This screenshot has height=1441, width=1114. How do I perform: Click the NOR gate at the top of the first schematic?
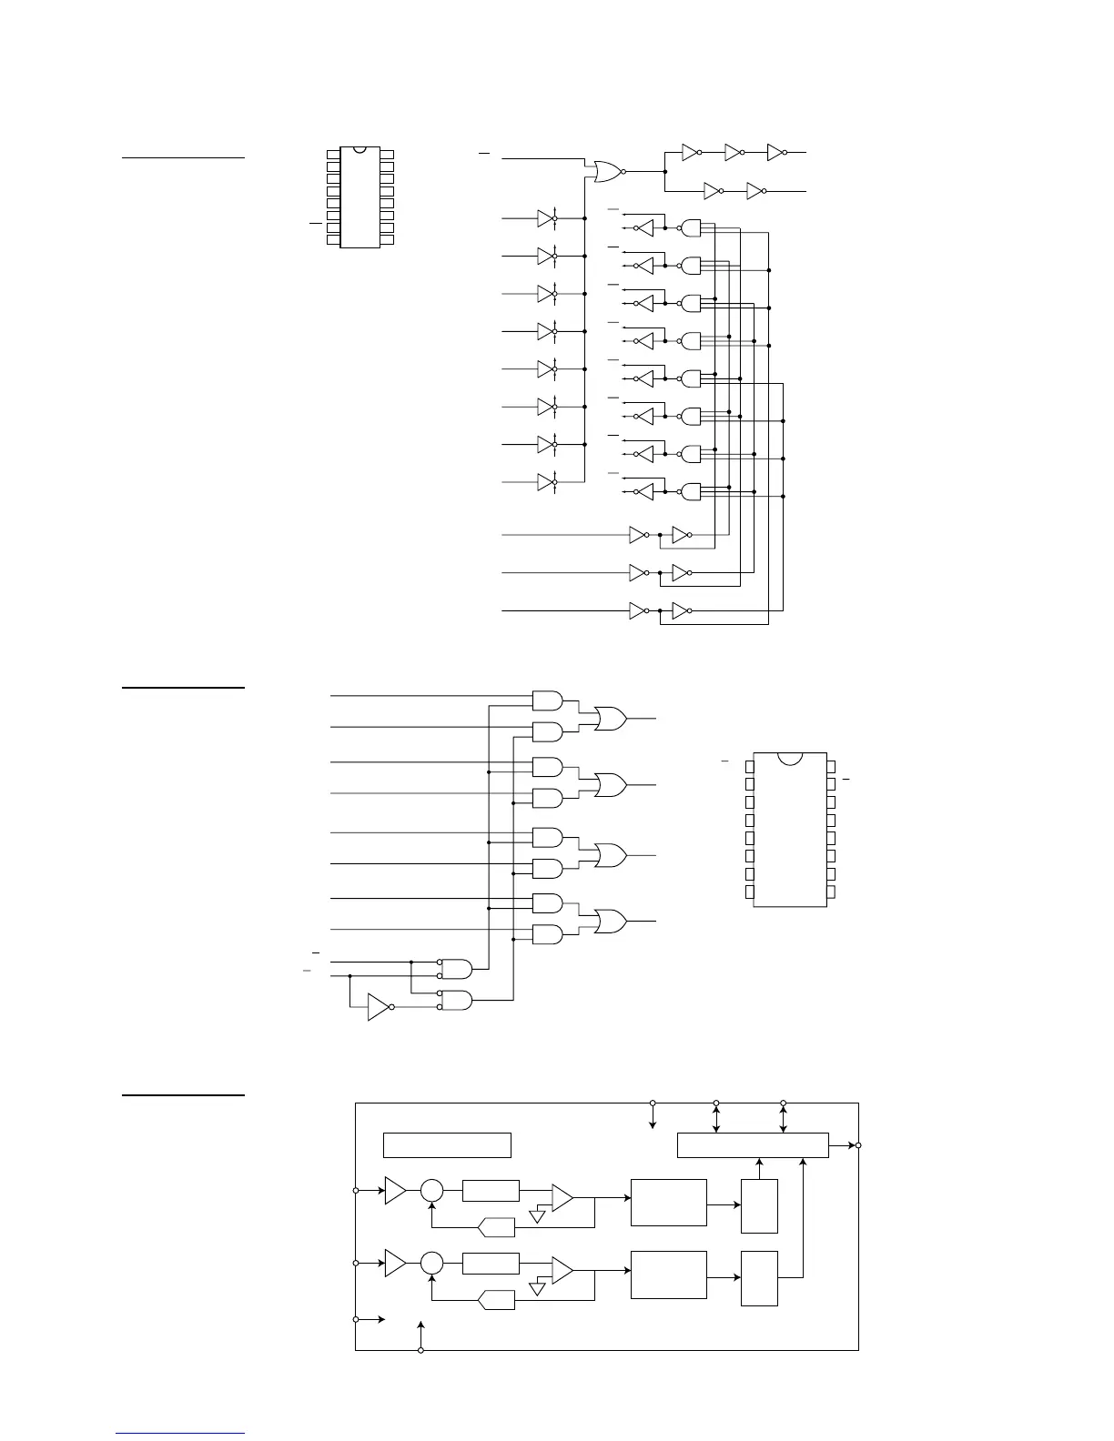(605, 171)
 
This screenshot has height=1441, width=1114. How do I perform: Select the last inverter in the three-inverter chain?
(776, 153)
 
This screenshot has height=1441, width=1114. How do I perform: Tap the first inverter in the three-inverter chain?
(691, 153)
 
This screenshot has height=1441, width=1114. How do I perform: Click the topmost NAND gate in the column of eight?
(692, 227)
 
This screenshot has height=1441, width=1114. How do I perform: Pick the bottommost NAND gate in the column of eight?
(692, 492)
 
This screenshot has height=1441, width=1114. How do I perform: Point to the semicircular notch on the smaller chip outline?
(360, 149)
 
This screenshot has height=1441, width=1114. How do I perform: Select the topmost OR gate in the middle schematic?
(609, 718)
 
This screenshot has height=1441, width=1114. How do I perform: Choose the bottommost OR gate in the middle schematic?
(609, 921)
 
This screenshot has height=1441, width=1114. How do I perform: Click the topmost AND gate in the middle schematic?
(546, 700)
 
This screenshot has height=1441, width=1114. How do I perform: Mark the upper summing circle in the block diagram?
(431, 1191)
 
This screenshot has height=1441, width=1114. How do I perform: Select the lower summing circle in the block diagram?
(431, 1264)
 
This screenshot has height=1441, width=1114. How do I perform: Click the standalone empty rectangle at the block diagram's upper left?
(447, 1144)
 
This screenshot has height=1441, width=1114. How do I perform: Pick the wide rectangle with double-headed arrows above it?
(753, 1145)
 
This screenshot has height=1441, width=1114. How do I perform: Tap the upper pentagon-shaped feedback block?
(497, 1228)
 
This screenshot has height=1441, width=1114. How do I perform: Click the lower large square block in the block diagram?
(668, 1275)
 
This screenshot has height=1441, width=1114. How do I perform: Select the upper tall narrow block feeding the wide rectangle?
(759, 1205)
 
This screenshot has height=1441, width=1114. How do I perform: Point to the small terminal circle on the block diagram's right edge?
(858, 1145)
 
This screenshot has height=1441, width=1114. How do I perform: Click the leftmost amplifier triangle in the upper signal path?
(395, 1190)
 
